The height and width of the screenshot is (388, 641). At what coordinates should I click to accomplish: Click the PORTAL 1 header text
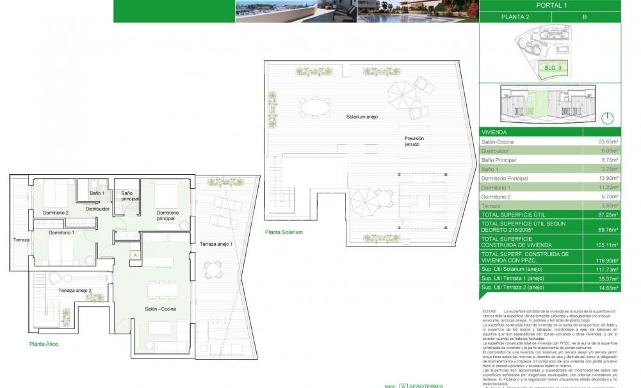(551, 5)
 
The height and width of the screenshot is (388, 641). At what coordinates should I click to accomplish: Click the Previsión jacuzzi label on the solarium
(414, 141)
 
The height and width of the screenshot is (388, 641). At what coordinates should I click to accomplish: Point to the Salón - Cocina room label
(160, 309)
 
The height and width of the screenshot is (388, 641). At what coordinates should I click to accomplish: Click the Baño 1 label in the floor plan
(97, 193)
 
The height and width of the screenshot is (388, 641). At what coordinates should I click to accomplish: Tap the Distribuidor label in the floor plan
(97, 209)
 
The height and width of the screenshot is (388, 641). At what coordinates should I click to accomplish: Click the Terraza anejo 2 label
(75, 290)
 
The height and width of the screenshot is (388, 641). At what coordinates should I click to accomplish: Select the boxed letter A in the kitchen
(135, 255)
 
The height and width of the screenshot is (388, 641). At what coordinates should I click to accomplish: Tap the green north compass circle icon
(608, 118)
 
